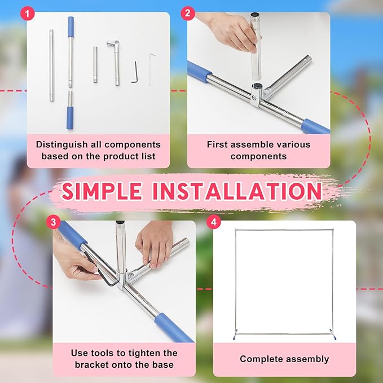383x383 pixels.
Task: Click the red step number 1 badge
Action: pos(27,13)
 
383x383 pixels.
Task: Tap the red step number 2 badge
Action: pos(188,13)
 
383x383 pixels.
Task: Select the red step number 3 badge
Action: pos(53,222)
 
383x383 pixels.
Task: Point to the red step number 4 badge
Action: pos(214,222)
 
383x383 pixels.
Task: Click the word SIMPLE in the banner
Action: pos(102,191)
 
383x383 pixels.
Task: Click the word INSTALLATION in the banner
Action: pos(237,191)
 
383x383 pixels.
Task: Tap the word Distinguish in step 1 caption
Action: pos(62,144)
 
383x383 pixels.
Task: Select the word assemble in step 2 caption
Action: pos(253,144)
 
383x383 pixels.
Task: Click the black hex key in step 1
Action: pos(135,72)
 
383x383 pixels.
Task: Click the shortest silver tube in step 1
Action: pos(95,64)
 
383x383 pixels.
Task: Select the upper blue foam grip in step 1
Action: pos(71,27)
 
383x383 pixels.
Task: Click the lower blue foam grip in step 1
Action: pos(70,118)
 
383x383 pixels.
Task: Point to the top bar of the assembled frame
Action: pos(284,230)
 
